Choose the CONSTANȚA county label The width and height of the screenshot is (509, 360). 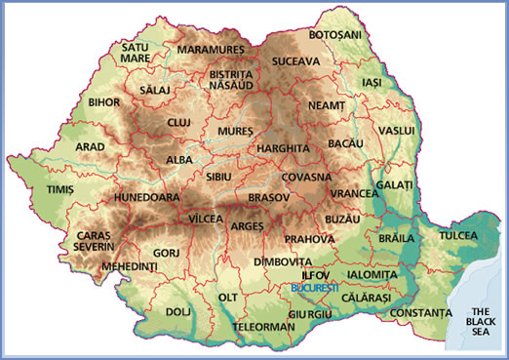tap(421, 312)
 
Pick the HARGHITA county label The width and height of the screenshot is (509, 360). tap(283, 148)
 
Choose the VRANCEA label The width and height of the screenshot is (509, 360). tap(354, 194)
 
